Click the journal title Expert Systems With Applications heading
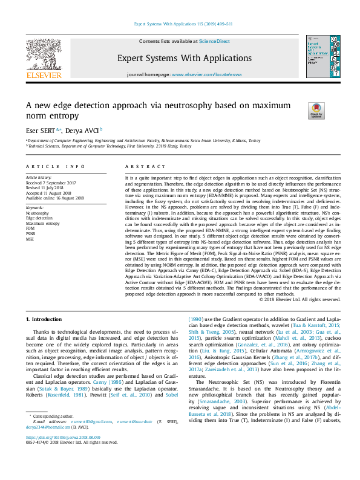(180, 59)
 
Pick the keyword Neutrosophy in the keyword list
(38, 213)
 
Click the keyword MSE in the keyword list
(30, 239)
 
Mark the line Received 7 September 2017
(50, 182)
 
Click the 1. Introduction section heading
(45, 319)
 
